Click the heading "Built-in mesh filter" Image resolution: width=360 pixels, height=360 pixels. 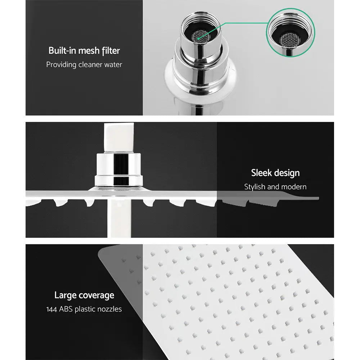(84, 50)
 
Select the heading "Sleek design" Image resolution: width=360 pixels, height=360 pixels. (275, 173)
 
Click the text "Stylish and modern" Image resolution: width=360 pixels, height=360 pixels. (275, 187)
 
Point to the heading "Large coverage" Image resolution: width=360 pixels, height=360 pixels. (84, 296)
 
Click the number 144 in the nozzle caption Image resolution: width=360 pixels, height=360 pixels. (53, 309)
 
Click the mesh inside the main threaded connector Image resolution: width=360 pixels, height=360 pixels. (200, 35)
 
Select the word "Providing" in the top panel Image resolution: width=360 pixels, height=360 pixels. (60, 65)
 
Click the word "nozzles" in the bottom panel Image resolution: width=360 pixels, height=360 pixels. (109, 309)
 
